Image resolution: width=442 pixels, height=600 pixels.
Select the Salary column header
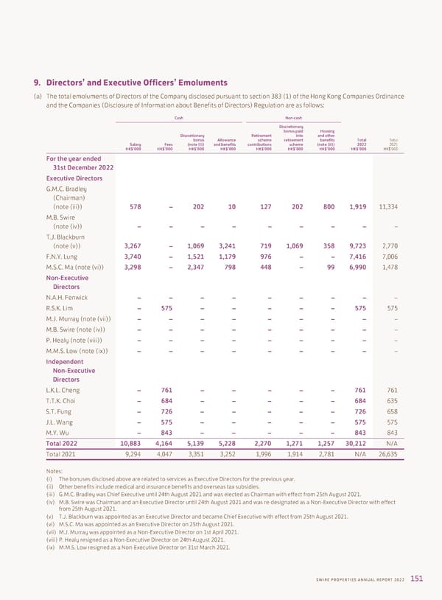tap(135, 144)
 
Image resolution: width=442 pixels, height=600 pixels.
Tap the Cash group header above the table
tap(178, 118)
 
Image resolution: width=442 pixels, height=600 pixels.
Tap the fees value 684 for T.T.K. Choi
tap(166, 403)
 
